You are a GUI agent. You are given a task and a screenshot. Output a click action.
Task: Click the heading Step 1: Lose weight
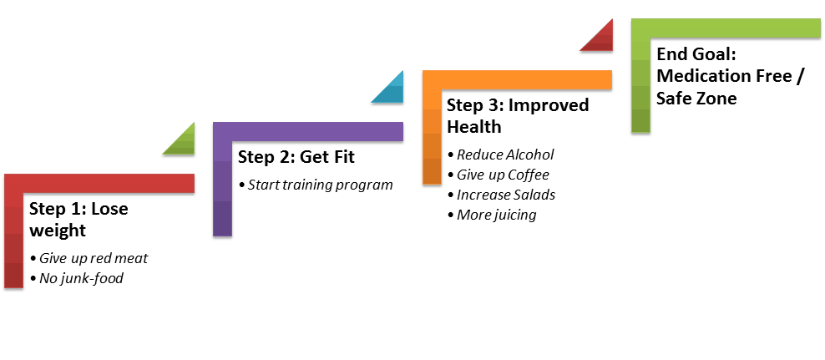[x=78, y=220]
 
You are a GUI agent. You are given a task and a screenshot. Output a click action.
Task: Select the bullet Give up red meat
[x=89, y=258]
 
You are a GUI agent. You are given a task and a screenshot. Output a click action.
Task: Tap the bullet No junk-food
[x=77, y=278]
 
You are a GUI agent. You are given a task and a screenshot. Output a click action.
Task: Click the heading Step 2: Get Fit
[x=296, y=157]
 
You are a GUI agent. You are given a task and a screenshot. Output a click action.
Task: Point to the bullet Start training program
[x=316, y=185]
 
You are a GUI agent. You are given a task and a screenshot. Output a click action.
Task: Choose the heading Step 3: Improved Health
[x=518, y=116]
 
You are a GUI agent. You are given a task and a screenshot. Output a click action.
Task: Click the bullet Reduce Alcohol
[x=500, y=155]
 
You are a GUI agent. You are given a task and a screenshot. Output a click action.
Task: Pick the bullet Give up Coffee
[x=498, y=175]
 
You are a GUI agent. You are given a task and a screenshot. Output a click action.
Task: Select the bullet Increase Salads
[x=501, y=195]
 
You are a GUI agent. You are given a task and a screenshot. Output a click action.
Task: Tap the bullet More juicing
[x=492, y=215]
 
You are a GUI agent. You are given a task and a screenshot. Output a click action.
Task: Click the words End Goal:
[x=696, y=55]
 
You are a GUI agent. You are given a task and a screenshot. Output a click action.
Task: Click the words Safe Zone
[x=696, y=98]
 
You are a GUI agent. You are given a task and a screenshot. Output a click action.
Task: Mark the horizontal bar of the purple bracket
[x=308, y=132]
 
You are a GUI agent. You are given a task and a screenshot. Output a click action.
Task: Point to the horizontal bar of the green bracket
[x=726, y=28]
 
